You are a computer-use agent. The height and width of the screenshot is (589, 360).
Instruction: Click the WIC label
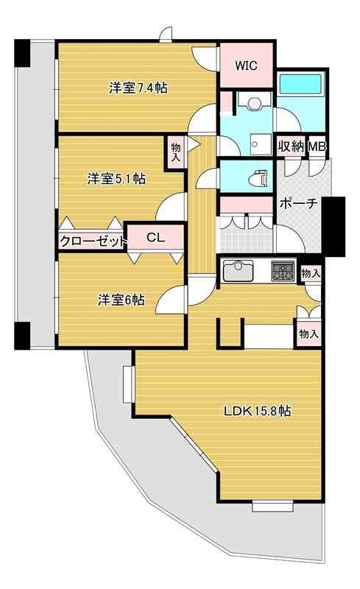[x=246, y=66]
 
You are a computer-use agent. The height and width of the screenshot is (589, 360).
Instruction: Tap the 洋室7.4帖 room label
[x=138, y=88]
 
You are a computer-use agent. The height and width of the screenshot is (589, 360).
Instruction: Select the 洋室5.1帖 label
[x=116, y=178]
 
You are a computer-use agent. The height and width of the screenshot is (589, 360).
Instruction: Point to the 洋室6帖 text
[x=121, y=300]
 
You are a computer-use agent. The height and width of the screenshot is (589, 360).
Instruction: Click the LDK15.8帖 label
[x=258, y=411]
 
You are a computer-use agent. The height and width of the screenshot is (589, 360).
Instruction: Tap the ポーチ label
[x=299, y=204]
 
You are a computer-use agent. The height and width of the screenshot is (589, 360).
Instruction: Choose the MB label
[x=317, y=146]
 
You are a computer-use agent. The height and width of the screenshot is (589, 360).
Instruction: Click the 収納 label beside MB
[x=291, y=146]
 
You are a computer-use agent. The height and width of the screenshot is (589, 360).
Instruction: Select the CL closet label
[x=155, y=237]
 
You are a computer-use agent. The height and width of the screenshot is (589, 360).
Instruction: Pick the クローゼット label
[x=93, y=241]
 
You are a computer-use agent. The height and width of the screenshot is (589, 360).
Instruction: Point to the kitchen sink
[x=239, y=270]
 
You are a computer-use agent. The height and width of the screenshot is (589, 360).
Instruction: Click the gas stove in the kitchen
[x=283, y=270]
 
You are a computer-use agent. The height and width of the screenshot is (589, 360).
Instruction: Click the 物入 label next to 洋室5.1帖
[x=175, y=152]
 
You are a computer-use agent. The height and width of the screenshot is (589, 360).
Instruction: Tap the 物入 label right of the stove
[x=311, y=273]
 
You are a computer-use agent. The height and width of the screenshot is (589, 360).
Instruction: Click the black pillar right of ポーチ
[x=333, y=227]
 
